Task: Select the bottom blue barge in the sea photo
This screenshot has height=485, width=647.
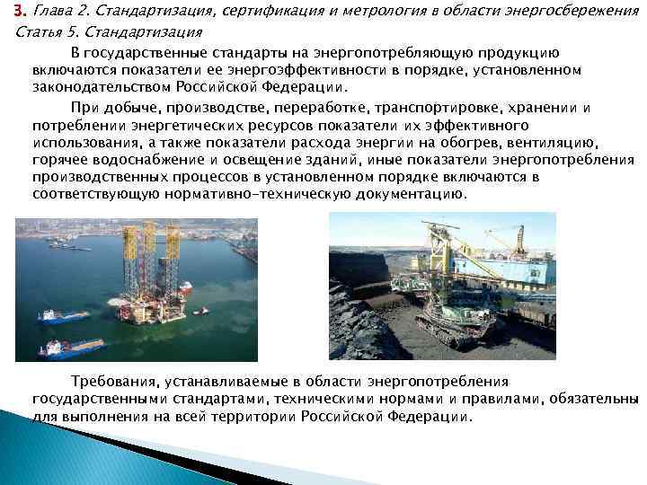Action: tap(71, 347)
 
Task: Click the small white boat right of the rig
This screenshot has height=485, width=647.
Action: tap(199, 311)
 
